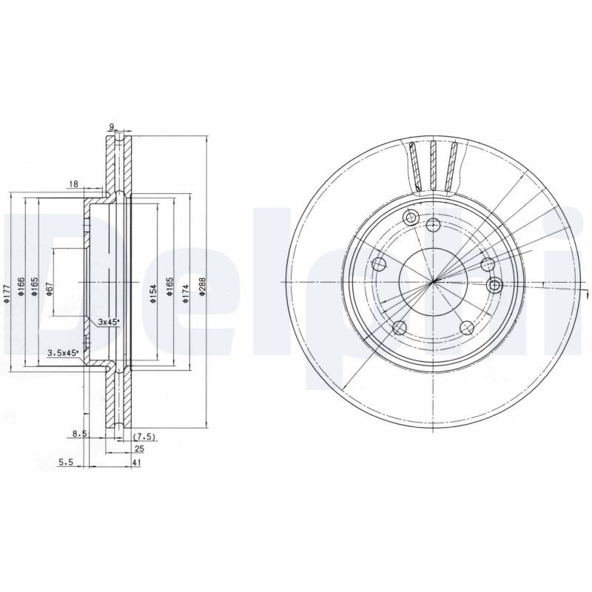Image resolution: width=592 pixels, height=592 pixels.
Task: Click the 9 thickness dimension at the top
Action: click(111, 127)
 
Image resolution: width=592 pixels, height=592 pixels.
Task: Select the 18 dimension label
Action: click(73, 183)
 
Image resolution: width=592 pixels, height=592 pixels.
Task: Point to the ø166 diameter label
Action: click(21, 286)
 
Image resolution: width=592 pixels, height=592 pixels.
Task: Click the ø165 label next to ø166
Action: click(35, 286)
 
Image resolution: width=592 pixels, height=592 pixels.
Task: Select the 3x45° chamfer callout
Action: click(109, 322)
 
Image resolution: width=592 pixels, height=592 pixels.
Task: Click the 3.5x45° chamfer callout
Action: click(63, 353)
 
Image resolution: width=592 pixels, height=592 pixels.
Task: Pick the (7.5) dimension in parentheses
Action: click(143, 437)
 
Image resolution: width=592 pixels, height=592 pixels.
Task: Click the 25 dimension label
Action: click(138, 449)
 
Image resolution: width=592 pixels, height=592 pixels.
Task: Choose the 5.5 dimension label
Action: click(66, 462)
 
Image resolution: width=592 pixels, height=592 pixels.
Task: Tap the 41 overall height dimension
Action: click(138, 462)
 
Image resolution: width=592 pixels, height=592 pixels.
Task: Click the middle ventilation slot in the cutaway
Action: click(434, 164)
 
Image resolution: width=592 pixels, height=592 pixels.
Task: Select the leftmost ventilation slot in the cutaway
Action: click(417, 166)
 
